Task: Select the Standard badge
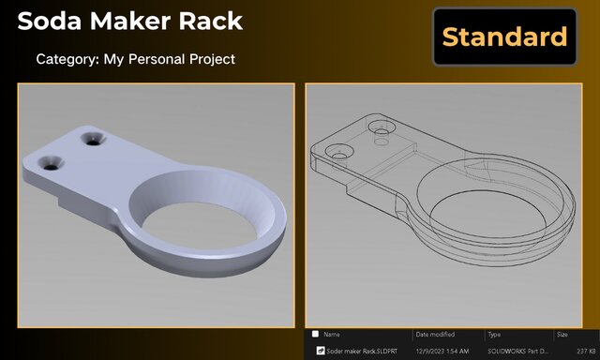point(504,37)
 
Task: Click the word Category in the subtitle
point(67,59)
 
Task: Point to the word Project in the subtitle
point(210,59)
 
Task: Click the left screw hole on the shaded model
point(51,162)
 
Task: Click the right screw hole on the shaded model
point(94,140)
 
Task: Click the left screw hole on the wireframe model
point(339,151)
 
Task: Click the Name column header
point(333,334)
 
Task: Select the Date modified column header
point(435,334)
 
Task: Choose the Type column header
point(494,334)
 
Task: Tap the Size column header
point(562,334)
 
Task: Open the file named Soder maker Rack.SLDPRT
point(359,351)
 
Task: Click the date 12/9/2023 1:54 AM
point(442,351)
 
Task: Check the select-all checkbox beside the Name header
point(315,334)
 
